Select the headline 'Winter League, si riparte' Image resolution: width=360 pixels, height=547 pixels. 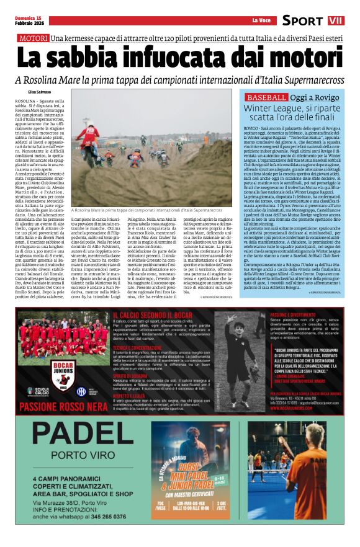click(292, 108)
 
